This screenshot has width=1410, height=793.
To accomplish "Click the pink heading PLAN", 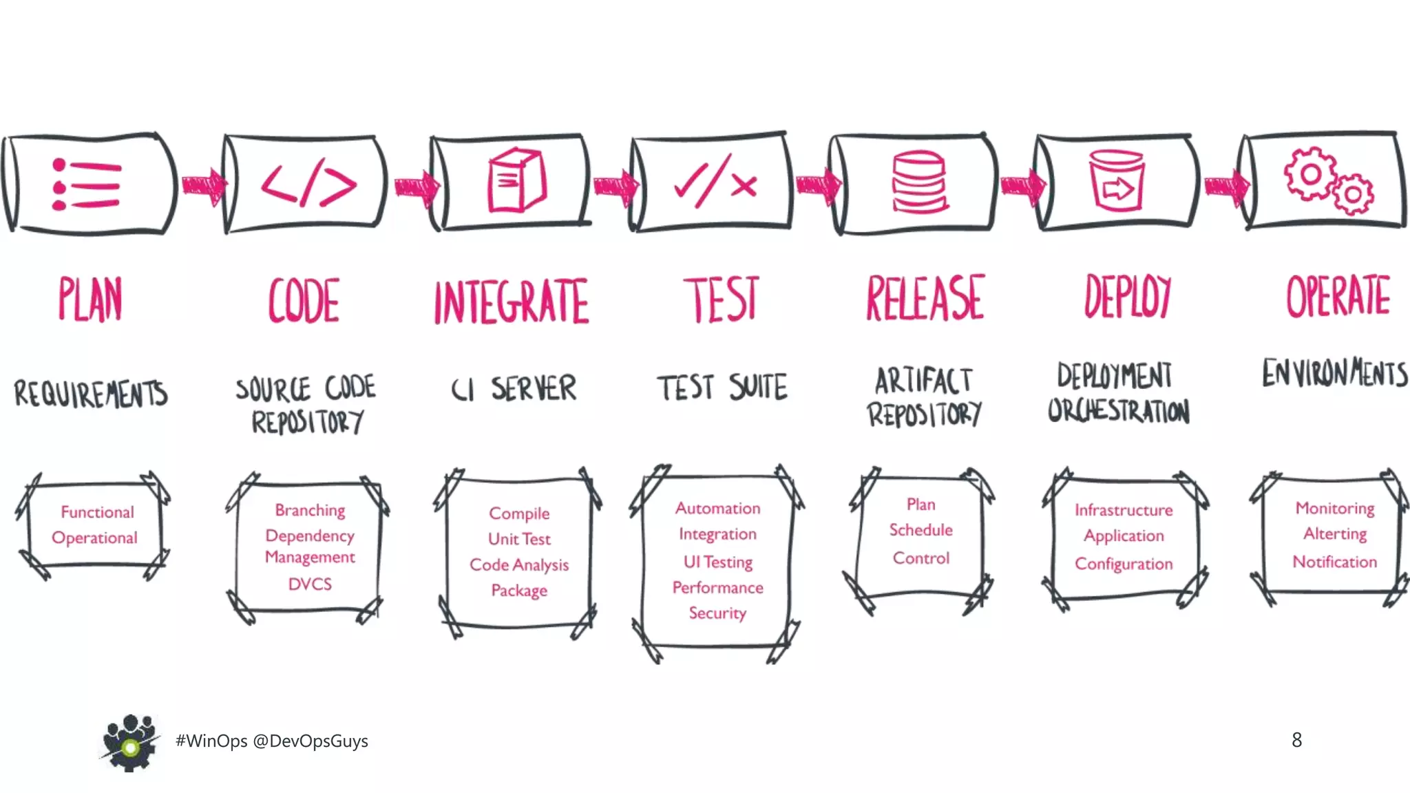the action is [x=90, y=299].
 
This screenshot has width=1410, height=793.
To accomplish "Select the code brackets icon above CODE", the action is [x=308, y=184].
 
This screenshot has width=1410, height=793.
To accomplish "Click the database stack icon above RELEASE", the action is [x=919, y=183].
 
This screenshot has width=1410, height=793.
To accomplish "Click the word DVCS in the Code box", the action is [x=310, y=584].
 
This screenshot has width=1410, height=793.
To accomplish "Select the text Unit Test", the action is [x=519, y=539].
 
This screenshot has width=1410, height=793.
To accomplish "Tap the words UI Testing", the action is [x=717, y=562].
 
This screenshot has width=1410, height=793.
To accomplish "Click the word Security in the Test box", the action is [x=717, y=613].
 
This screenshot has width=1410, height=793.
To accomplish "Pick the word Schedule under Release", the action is [x=920, y=530].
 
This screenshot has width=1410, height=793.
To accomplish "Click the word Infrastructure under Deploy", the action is [x=1124, y=510].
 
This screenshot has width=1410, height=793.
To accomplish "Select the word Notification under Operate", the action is [x=1334, y=562].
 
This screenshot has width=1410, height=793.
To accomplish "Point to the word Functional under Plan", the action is [x=97, y=512].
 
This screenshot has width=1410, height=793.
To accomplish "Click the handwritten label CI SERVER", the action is [x=514, y=389].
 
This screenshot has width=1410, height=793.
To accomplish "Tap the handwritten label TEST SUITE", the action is [x=722, y=388].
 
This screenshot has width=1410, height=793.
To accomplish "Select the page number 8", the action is [x=1296, y=740].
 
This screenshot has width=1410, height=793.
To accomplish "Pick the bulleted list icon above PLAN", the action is [x=87, y=184].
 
